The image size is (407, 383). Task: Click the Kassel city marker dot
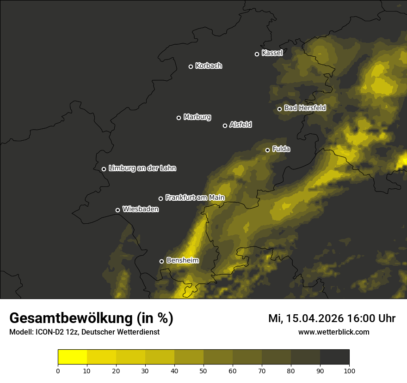pyautogui.click(x=257, y=54)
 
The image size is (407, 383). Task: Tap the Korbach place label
pyautogui.click(x=209, y=66)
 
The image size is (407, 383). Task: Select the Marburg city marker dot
pyautogui.click(x=179, y=118)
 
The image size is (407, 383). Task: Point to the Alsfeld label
pyautogui.click(x=241, y=125)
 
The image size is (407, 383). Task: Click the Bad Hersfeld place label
pyautogui.click(x=305, y=108)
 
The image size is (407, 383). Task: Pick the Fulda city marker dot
pyautogui.click(x=267, y=150)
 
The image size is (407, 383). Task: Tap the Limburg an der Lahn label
pyautogui.click(x=142, y=168)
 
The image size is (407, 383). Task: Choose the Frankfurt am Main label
pyautogui.click(x=195, y=197)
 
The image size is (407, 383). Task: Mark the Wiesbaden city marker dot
pyautogui.click(x=117, y=210)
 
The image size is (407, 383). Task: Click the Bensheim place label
pyautogui.click(x=183, y=260)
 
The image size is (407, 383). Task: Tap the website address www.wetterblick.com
pyautogui.click(x=333, y=332)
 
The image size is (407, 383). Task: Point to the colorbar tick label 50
pyautogui.click(x=203, y=371)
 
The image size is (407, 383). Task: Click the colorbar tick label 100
pyautogui.click(x=349, y=371)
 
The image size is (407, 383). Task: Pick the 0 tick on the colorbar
pyautogui.click(x=58, y=371)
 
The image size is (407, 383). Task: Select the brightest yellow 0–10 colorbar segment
pyautogui.click(x=72, y=357)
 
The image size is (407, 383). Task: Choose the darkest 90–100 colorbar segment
pyautogui.click(x=334, y=357)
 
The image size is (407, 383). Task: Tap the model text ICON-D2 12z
pyautogui.click(x=55, y=332)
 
